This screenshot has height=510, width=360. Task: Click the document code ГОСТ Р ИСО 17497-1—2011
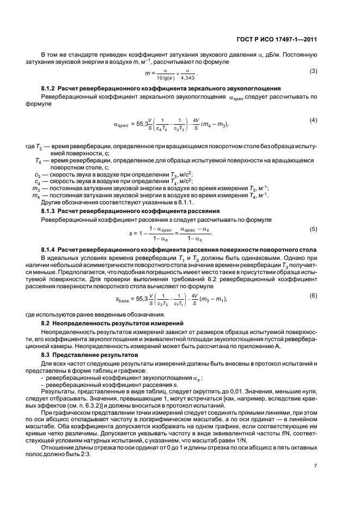(283, 39)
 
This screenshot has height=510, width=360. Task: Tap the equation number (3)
(313, 71)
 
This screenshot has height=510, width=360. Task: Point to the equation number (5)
(313, 229)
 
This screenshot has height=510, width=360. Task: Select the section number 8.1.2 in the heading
(48, 88)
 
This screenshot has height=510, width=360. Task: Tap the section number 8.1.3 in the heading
(48, 210)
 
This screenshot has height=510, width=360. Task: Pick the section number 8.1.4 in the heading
(48, 248)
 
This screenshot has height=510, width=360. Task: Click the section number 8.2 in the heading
(46, 323)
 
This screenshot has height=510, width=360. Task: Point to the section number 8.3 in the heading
(46, 355)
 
